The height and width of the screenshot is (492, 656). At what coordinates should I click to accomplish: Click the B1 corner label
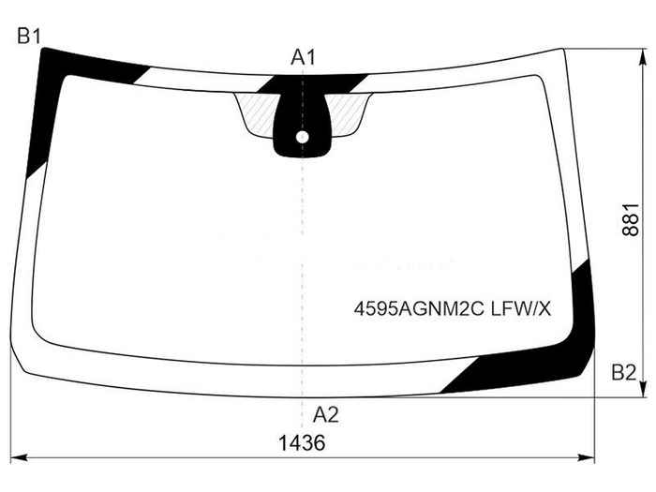(x=29, y=36)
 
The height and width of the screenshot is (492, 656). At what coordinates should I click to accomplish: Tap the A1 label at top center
(x=303, y=57)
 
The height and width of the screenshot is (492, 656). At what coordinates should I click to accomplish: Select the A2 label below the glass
(x=325, y=415)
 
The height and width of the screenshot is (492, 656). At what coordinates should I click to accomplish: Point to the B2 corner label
(x=623, y=372)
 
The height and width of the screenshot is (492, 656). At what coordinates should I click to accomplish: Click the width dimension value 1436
(x=302, y=442)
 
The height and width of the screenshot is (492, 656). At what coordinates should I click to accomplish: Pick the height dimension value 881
(x=631, y=219)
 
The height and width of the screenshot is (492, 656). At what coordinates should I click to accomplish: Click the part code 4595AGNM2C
(x=419, y=309)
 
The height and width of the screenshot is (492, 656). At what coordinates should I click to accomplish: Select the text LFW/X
(x=521, y=309)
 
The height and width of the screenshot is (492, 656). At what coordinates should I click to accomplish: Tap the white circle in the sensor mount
(x=302, y=137)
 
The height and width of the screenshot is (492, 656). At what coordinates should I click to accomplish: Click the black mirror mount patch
(x=302, y=126)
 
